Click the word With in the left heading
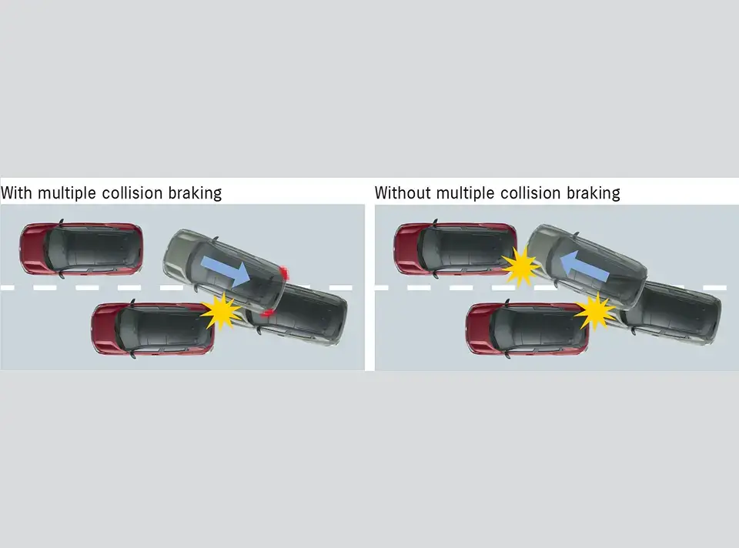16,192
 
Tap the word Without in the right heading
403,192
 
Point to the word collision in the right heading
529,192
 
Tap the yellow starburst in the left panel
221,310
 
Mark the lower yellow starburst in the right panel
595,311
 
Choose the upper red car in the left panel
81,248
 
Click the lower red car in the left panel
152,328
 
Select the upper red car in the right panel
454,248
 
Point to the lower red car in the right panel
527,328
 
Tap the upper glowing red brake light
285,272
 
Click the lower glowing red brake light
267,312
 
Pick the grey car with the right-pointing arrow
225,273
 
